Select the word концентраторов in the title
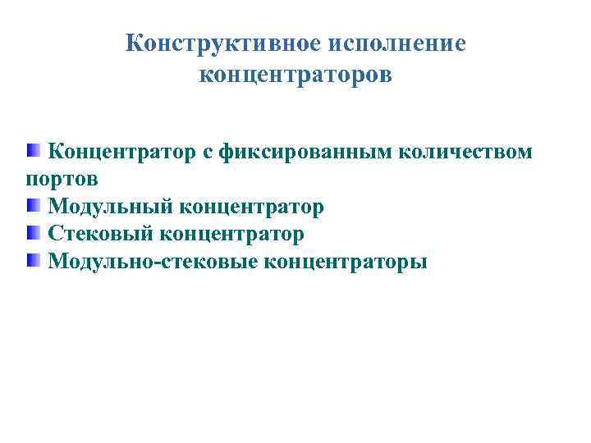(x=295, y=75)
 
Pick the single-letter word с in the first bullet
(x=206, y=153)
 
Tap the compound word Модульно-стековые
(x=153, y=262)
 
